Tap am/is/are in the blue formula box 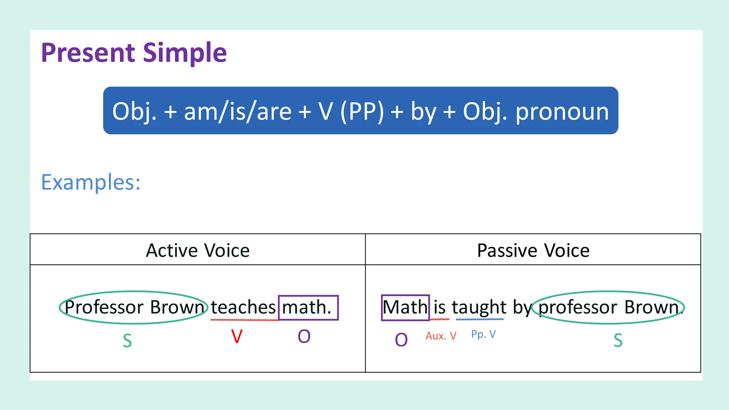point(238,111)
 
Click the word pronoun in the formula point(562,111)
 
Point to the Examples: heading point(91,182)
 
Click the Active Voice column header point(198,250)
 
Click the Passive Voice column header point(533,250)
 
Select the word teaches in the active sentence point(243,307)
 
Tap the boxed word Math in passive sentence point(405,307)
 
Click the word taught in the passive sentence point(479,307)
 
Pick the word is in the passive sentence point(440,307)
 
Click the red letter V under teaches point(237,336)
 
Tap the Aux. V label point(441,336)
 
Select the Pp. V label point(483,334)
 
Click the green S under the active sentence point(127,341)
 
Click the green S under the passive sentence point(618,341)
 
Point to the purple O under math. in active point(304,336)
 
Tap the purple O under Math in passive point(401,340)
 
